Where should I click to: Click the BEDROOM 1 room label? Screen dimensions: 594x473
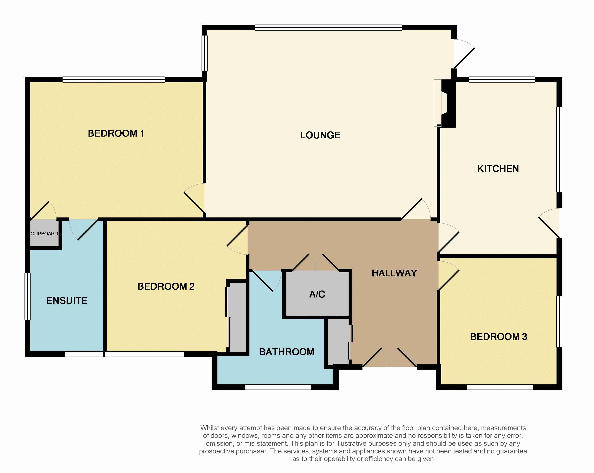click(x=116, y=133)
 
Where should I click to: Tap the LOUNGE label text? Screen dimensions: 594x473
click(x=320, y=135)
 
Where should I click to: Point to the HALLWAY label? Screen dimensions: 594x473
click(x=394, y=273)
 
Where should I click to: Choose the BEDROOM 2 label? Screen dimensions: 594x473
click(x=166, y=286)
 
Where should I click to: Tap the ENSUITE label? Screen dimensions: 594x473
click(x=67, y=300)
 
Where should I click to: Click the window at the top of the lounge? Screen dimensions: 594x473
click(x=328, y=28)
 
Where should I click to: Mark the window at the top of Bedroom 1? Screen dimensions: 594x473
click(x=114, y=79)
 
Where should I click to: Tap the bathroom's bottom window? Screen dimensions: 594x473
click(x=278, y=387)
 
